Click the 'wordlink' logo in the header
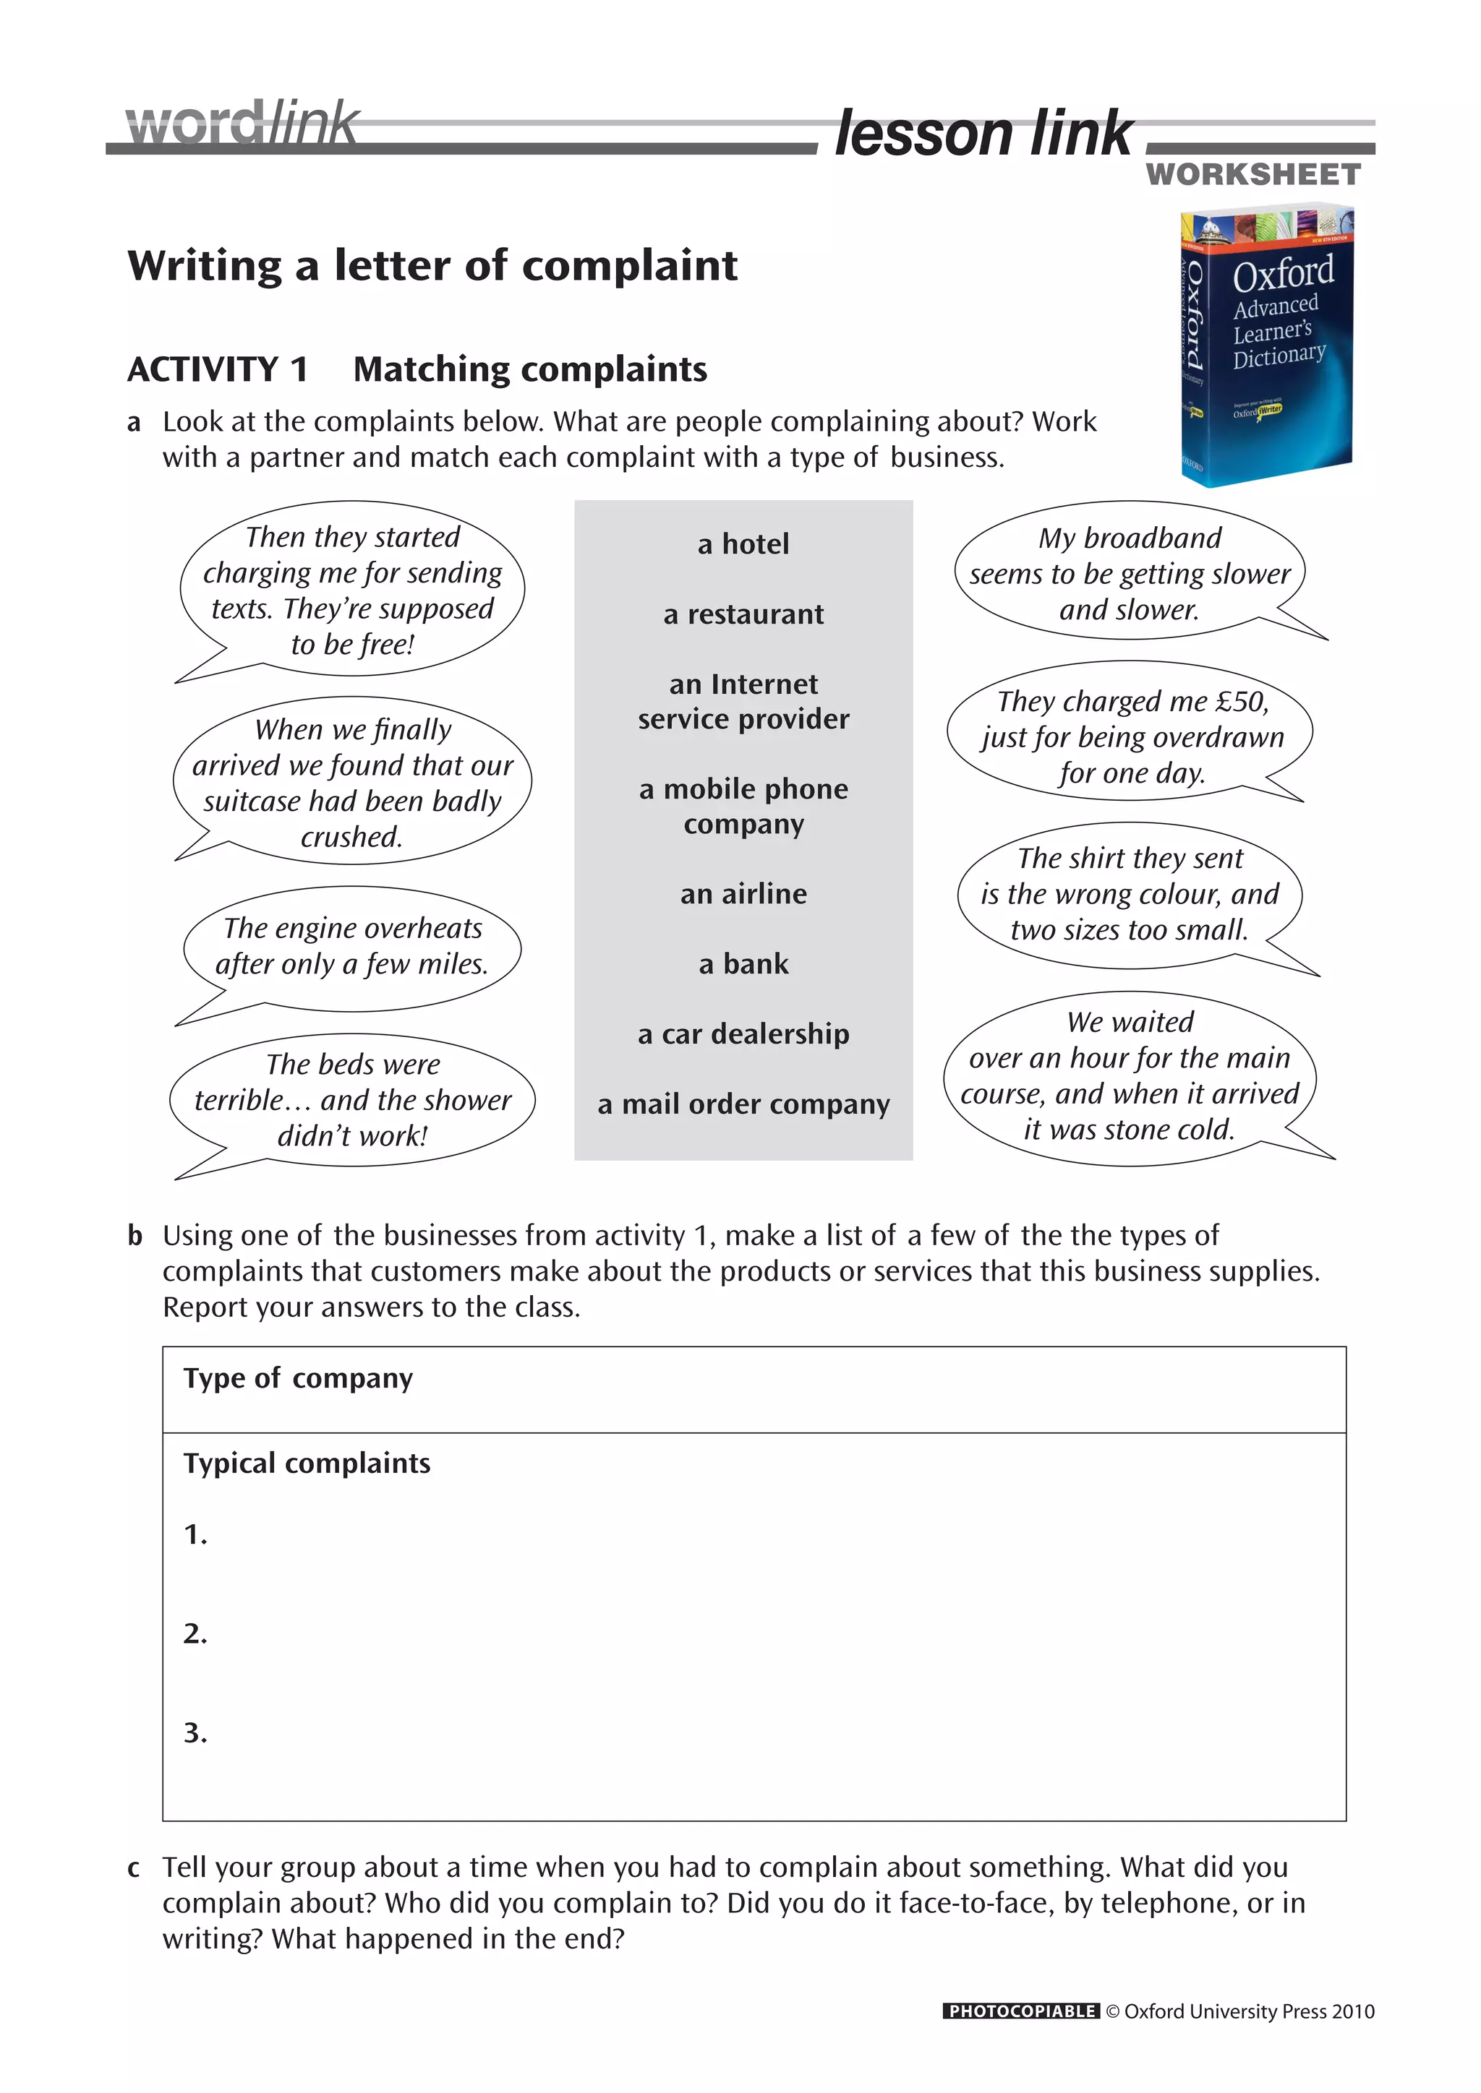click(x=242, y=124)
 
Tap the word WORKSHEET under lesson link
click(x=1253, y=175)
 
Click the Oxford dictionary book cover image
click(x=1267, y=345)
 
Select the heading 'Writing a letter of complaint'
click(x=432, y=266)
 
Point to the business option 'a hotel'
click(x=743, y=544)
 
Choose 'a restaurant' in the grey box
click(x=743, y=614)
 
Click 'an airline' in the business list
click(x=743, y=894)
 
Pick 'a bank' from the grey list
click(x=743, y=964)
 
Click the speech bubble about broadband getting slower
click(x=1129, y=573)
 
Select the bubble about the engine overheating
click(x=352, y=946)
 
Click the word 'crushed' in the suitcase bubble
click(x=352, y=837)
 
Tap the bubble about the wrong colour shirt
click(x=1129, y=894)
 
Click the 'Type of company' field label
click(x=298, y=1378)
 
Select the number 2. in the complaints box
click(x=195, y=1633)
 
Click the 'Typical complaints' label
click(x=307, y=1463)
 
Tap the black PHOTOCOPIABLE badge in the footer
click(x=1020, y=2011)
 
